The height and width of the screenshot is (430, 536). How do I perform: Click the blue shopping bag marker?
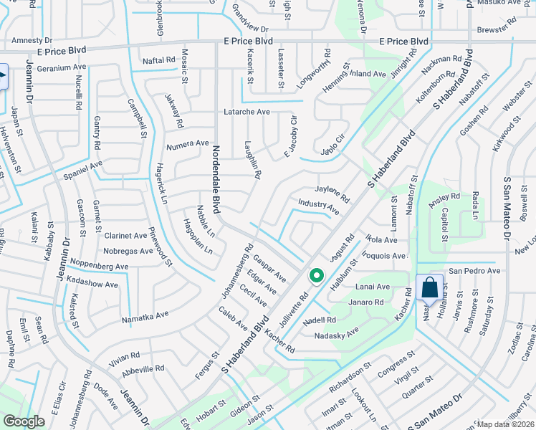pos(429,288)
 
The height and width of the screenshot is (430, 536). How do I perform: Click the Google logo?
pos(24,421)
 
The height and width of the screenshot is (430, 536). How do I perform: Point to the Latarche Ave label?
pos(247,112)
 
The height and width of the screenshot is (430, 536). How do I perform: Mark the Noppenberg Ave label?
pos(98,266)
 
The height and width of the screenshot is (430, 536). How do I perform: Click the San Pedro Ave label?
pos(474,272)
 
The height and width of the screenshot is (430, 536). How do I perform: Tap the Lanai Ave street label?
pos(373,287)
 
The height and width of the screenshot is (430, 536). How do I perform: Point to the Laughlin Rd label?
pos(252,159)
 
